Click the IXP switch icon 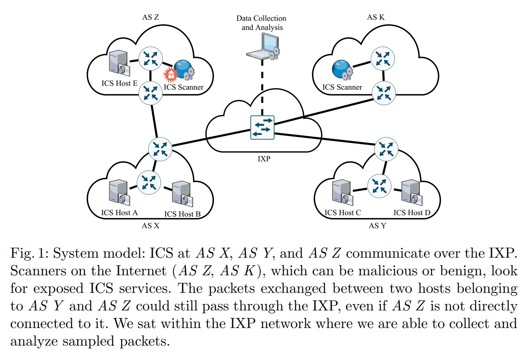click(x=262, y=127)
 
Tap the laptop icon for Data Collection click(x=263, y=47)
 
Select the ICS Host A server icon click(x=118, y=193)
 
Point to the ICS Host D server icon click(x=411, y=193)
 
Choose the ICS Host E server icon click(x=118, y=62)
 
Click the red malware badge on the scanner click(x=171, y=75)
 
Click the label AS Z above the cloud click(x=150, y=17)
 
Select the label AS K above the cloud click(x=375, y=17)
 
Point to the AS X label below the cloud click(x=150, y=226)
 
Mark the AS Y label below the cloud click(x=377, y=226)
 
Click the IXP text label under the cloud click(x=264, y=159)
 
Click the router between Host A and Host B click(x=149, y=182)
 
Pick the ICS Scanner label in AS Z click(x=183, y=87)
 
